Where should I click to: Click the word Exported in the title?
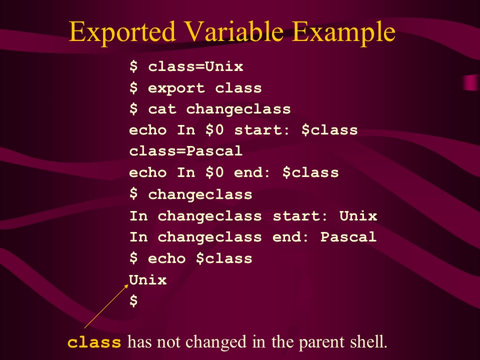click(122, 32)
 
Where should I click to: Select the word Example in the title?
click(343, 32)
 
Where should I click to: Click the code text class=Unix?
click(196, 66)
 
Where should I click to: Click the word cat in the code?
click(162, 109)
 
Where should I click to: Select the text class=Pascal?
click(186, 151)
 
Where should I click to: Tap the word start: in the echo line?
click(261, 130)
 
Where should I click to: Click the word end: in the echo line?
click(252, 172)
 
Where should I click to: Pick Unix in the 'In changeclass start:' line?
click(358, 216)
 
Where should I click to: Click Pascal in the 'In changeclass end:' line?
click(348, 237)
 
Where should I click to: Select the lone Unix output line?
click(148, 280)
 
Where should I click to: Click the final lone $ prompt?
click(133, 300)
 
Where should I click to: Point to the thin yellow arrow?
click(106, 306)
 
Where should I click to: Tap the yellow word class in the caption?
click(94, 342)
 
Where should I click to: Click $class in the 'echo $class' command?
click(224, 258)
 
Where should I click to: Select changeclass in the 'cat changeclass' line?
click(238, 109)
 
